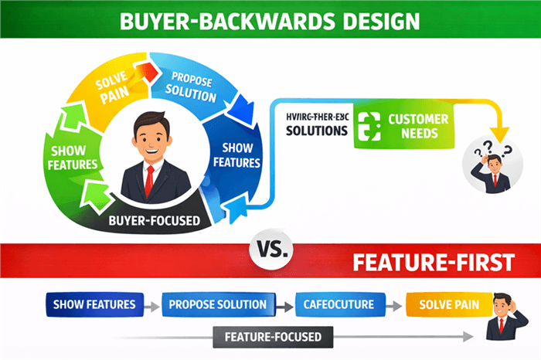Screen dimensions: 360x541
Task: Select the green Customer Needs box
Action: pos(402,126)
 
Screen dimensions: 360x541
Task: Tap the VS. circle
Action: pos(270,250)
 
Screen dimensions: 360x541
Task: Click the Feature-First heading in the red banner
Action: pos(434,262)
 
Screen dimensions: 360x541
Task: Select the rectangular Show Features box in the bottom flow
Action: pos(94,304)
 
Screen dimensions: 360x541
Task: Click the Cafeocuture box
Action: pos(338,304)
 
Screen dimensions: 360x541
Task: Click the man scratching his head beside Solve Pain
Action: pos(502,317)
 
